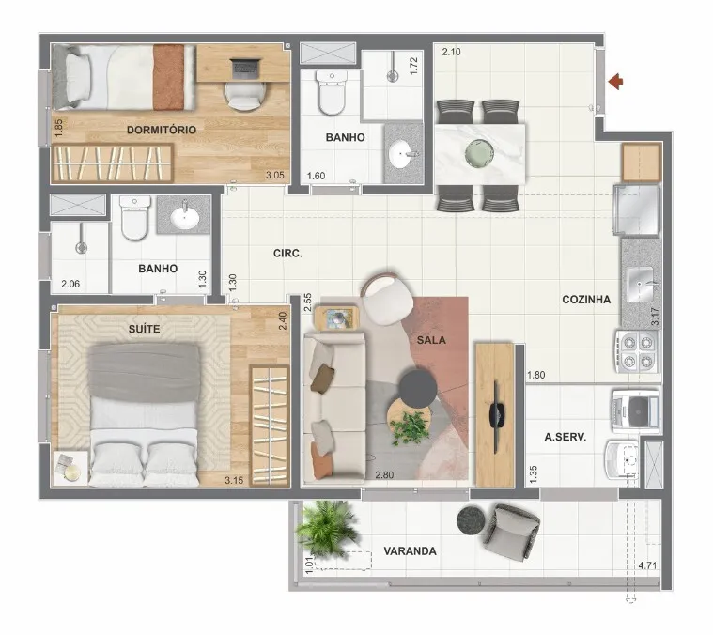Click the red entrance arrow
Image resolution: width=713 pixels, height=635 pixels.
point(616,82)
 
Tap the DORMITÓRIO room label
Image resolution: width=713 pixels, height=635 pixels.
point(162,130)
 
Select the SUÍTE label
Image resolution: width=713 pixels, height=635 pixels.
point(144,329)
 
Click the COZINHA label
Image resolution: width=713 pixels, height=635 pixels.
point(586,300)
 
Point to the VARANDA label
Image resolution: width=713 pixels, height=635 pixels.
point(411,551)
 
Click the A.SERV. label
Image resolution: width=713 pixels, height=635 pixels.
point(566,438)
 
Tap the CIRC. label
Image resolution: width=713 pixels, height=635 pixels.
point(287,254)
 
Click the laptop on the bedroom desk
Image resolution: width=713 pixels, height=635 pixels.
point(246,69)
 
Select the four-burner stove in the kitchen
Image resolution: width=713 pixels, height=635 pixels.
point(638,351)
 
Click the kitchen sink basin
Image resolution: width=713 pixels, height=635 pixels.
point(640,284)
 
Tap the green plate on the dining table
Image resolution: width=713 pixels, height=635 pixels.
point(479,153)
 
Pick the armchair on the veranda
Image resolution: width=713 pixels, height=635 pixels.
point(512,531)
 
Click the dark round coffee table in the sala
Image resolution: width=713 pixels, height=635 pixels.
point(418,389)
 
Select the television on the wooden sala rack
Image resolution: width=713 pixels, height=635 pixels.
point(497,414)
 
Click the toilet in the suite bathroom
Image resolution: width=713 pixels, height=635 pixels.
point(135,217)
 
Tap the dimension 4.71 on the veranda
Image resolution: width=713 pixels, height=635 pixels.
point(647,565)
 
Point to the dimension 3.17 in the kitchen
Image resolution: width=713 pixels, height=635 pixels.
point(655,317)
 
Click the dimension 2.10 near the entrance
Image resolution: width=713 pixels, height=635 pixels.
point(451,52)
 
